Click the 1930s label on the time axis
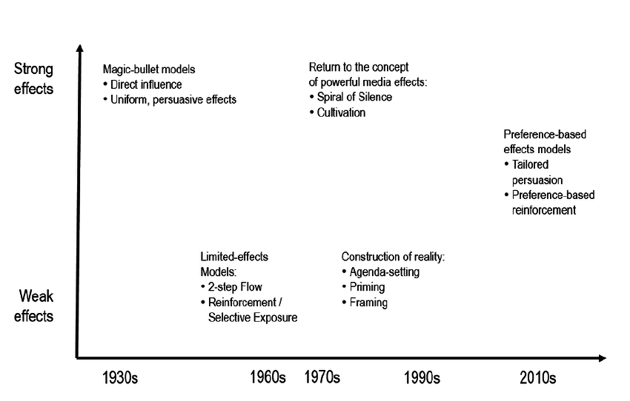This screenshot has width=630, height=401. coord(120,378)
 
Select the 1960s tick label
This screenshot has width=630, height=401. coord(268,378)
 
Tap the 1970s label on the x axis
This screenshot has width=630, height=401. coord(322,378)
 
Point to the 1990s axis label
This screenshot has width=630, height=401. coord(422,378)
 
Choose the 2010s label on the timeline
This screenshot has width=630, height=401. coord(537,378)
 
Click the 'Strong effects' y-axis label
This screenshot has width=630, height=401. coord(34,78)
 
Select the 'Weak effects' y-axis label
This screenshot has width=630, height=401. coord(36,306)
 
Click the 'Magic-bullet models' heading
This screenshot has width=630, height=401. coord(149,70)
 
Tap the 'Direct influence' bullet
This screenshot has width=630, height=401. coord(146,84)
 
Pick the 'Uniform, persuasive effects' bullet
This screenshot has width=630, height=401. coord(173,99)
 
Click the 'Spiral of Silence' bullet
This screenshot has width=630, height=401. coord(351,97)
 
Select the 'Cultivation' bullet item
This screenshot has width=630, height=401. coord(342,112)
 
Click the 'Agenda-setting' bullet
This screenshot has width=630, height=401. coord(384,272)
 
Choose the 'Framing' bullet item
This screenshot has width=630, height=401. coord(368,303)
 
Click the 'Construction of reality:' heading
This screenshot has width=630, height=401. coord(393,257)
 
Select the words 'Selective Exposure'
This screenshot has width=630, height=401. coord(253,318)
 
